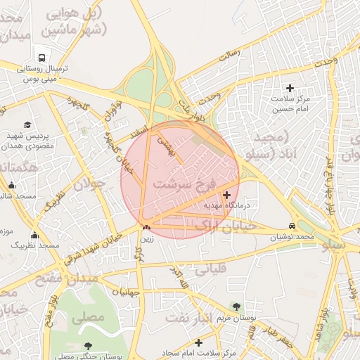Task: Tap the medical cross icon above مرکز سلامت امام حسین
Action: pyautogui.click(x=290, y=88)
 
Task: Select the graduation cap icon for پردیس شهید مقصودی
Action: pyautogui.click(x=27, y=124)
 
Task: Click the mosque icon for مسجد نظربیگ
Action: pyautogui.click(x=34, y=235)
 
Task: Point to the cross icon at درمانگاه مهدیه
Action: pyautogui.click(x=226, y=195)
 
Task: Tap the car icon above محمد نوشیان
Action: pyautogui.click(x=292, y=226)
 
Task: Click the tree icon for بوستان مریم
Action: pyautogui.click(x=236, y=307)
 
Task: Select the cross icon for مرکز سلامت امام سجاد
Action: pyautogui.click(x=199, y=342)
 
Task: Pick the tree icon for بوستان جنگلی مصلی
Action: pyautogui.click(x=87, y=346)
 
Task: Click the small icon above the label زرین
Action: pyautogui.click(x=146, y=227)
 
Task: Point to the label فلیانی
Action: pyautogui.click(x=211, y=268)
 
